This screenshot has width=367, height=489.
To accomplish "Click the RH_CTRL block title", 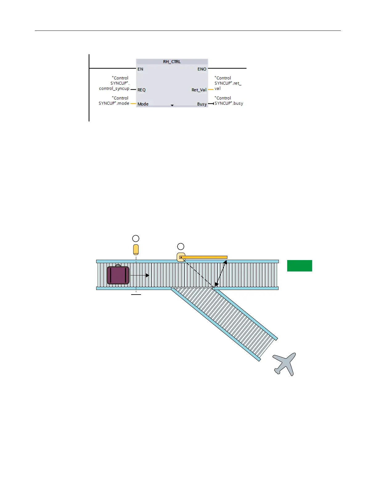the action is coord(172,62).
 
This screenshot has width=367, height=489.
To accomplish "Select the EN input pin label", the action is coord(140,69).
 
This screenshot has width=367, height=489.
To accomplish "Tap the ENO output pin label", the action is coord(202,69).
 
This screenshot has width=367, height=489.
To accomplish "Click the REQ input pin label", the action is coord(141,90).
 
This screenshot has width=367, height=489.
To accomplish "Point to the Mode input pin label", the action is coord(143,104).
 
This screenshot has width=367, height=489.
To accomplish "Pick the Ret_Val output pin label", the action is coord(199,90).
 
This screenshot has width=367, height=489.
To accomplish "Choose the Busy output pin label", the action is coord(202,104).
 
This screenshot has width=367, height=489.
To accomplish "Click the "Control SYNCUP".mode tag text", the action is coord(114,101).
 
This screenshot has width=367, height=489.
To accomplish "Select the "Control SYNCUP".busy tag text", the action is coord(229,101).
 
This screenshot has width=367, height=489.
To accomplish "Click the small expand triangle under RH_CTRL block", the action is coord(172,105).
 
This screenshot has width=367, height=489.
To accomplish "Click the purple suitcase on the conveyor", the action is coord(118,275).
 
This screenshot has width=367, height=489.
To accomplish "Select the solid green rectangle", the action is coord(300,266).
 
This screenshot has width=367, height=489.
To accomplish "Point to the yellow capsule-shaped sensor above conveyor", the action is coord(136,250).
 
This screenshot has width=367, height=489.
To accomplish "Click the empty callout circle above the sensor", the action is coord(136,238).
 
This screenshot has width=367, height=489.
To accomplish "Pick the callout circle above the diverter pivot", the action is coord(181,247).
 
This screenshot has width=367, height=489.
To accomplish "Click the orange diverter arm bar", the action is coord(205,257).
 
